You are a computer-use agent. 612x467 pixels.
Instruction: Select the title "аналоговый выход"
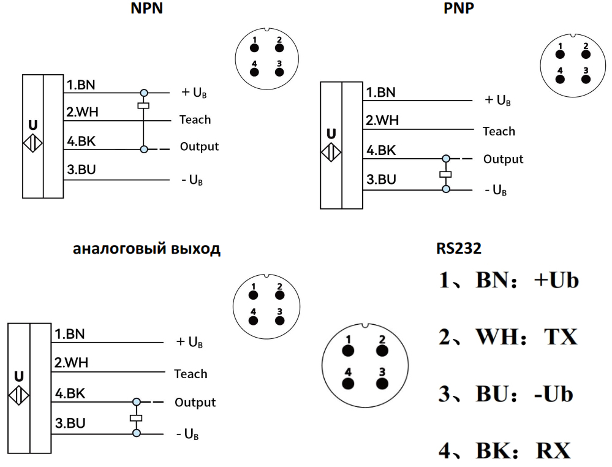[146, 249]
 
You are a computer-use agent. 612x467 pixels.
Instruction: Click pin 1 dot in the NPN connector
[254, 48]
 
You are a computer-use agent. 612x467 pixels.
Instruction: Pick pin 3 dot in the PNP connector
[585, 78]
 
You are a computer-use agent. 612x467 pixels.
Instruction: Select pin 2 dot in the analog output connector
[279, 294]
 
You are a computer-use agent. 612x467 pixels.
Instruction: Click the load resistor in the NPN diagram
[143, 106]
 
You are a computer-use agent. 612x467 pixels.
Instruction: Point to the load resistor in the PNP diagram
[445, 175]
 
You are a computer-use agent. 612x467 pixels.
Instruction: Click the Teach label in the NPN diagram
[195, 120]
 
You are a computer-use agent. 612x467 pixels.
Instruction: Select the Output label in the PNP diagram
[503, 159]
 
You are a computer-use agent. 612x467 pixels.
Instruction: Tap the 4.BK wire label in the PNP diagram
[381, 150]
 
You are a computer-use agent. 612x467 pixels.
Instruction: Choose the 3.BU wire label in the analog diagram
[69, 423]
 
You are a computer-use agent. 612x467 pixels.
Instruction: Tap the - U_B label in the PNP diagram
[496, 190]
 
